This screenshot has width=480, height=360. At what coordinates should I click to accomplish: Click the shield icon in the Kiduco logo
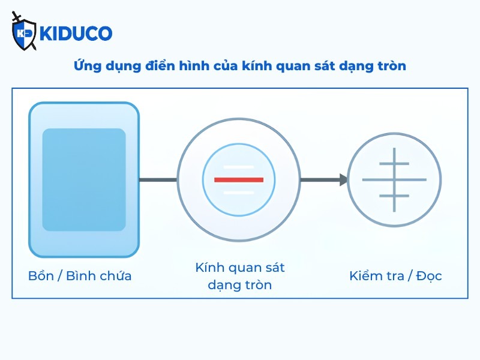click(x=23, y=33)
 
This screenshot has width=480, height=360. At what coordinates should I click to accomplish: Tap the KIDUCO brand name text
click(x=76, y=34)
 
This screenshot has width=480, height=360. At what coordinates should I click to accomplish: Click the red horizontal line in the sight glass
click(x=239, y=179)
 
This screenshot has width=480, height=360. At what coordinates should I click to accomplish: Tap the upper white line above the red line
click(x=239, y=167)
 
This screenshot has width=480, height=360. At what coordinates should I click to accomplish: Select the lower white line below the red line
click(x=239, y=193)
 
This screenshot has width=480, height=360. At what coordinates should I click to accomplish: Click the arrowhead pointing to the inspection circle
click(x=344, y=179)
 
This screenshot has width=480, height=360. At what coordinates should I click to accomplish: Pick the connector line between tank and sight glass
click(x=158, y=179)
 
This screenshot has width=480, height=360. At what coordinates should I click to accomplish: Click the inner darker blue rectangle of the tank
click(x=84, y=179)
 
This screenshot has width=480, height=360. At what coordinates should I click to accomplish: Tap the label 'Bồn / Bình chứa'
click(x=80, y=276)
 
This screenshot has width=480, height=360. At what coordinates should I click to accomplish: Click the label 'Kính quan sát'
click(x=240, y=268)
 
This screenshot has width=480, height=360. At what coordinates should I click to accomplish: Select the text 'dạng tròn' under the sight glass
click(x=239, y=285)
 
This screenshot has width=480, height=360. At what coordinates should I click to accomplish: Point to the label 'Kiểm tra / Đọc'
click(x=395, y=276)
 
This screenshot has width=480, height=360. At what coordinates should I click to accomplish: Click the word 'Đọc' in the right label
click(x=429, y=276)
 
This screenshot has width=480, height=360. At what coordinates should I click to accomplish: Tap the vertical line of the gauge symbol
click(x=394, y=179)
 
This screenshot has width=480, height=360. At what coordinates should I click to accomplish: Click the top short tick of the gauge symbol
click(x=394, y=164)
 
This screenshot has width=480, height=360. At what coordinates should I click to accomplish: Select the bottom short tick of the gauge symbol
click(x=394, y=196)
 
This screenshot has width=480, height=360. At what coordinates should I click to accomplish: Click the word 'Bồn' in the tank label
click(x=41, y=276)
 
